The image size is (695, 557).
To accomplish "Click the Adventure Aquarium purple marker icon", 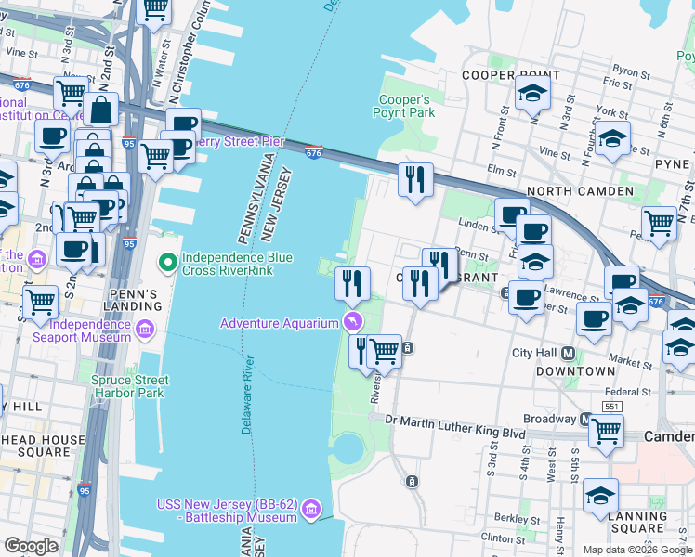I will [x=352, y=323].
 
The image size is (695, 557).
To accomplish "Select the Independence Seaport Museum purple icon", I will [x=145, y=330].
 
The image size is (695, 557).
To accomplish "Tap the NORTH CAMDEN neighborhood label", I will [x=580, y=191].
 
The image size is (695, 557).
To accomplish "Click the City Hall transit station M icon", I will [x=569, y=353].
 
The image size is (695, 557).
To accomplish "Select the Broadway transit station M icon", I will [x=587, y=419].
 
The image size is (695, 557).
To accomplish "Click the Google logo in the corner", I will [x=32, y=546].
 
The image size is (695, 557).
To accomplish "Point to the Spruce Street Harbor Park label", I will [x=130, y=386].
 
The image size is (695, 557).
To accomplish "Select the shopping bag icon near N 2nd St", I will [x=100, y=110].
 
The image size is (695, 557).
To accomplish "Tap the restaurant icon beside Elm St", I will [x=415, y=177].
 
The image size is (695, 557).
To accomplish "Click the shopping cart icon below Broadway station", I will [x=606, y=432].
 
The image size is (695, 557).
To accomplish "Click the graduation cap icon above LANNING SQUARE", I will [x=601, y=496].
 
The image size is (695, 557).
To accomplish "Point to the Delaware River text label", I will [x=247, y=395].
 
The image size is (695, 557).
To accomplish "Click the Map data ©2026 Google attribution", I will [x=637, y=550].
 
